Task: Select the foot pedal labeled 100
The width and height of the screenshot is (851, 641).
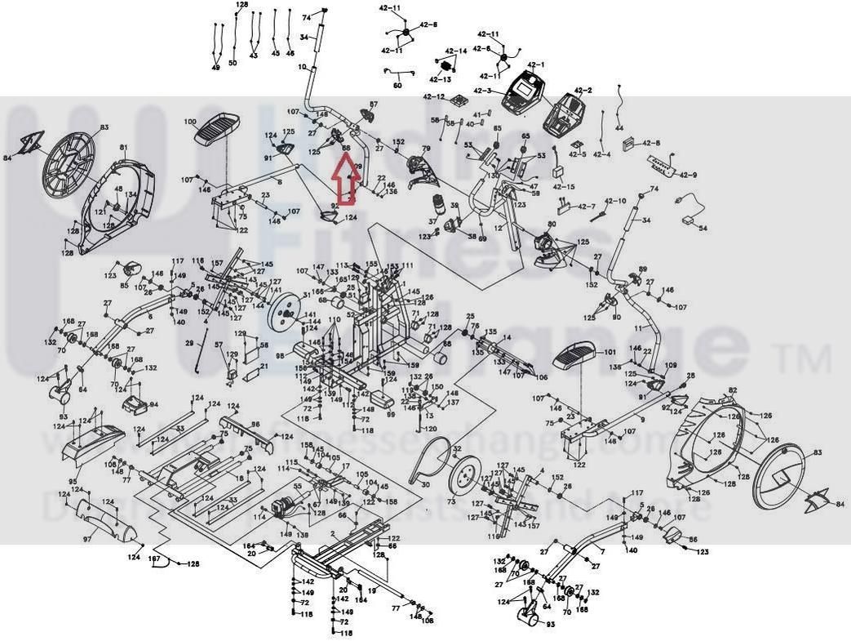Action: pyautogui.click(x=219, y=128)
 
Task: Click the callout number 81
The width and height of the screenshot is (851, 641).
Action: pyautogui.click(x=123, y=148)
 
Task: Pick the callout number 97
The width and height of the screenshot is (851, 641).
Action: pyautogui.click(x=86, y=541)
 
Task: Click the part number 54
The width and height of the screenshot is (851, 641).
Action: pyautogui.click(x=703, y=227)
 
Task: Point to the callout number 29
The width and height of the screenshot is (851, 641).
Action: pyautogui.click(x=188, y=345)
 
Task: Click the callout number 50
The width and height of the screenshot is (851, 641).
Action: pyautogui.click(x=233, y=63)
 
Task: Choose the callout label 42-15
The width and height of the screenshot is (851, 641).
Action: pyautogui.click(x=564, y=187)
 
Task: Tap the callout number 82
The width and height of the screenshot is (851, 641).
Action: pyautogui.click(x=733, y=391)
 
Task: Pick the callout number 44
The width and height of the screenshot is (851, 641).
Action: pyautogui.click(x=618, y=129)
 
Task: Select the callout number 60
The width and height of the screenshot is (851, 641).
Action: pyautogui.click(x=397, y=85)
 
